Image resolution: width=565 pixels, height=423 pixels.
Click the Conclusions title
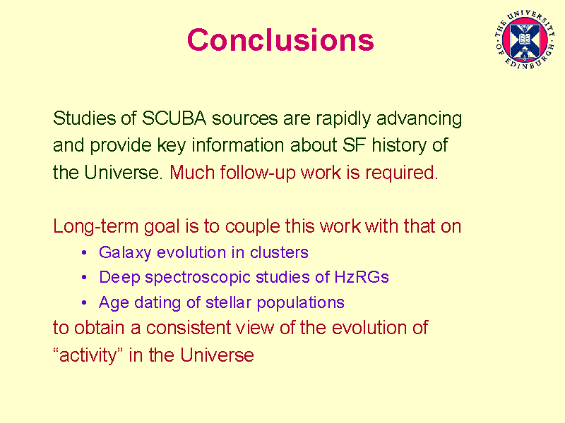click(280, 39)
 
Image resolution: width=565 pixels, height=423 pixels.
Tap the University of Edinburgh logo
click(525, 39)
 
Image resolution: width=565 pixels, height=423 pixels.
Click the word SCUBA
click(174, 118)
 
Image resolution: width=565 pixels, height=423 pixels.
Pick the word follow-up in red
click(258, 173)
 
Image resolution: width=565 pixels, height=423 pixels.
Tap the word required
click(401, 173)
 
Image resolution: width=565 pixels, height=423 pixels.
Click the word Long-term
click(95, 227)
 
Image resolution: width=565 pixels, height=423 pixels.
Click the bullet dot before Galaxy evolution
click(84, 252)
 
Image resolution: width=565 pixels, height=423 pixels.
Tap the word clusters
click(279, 252)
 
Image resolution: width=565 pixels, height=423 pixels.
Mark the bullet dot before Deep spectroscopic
click(84, 277)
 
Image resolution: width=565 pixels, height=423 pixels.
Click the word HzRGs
click(362, 277)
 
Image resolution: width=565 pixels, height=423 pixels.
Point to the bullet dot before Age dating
click(84, 302)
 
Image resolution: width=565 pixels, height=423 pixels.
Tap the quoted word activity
click(88, 355)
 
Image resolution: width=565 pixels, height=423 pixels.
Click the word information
click(238, 145)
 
